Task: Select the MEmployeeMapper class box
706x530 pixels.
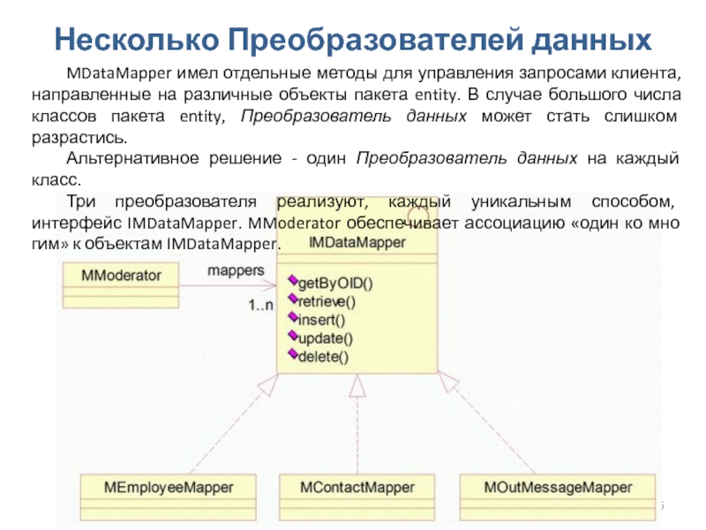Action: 169,488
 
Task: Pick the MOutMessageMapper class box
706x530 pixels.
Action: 559,488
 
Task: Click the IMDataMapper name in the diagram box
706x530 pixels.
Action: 357,242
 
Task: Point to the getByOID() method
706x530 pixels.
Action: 335,284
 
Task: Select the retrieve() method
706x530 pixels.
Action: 326,302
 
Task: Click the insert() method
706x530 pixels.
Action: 322,320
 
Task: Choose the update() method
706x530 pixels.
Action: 325,338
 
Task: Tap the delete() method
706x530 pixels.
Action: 324,357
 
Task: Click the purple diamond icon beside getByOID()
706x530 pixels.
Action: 292,282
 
